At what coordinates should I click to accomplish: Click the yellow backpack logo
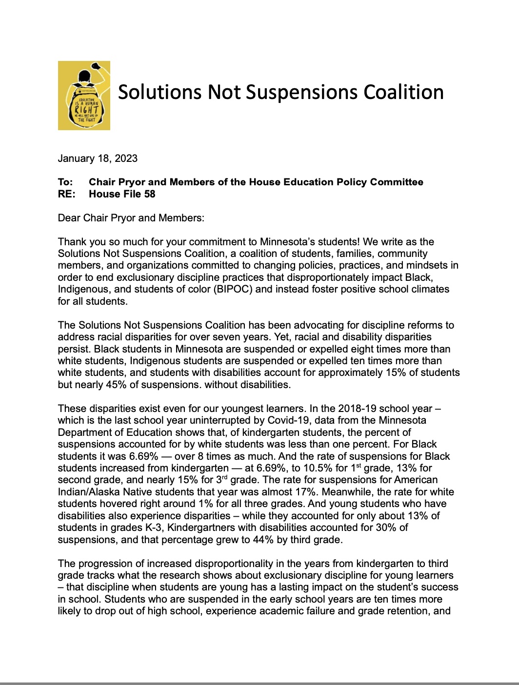click(x=84, y=96)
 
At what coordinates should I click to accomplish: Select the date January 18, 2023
click(x=98, y=158)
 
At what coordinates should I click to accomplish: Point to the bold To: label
click(x=65, y=182)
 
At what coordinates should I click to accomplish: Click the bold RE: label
click(x=66, y=194)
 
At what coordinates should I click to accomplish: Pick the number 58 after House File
click(x=150, y=194)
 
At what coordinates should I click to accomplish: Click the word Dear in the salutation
click(x=69, y=218)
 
